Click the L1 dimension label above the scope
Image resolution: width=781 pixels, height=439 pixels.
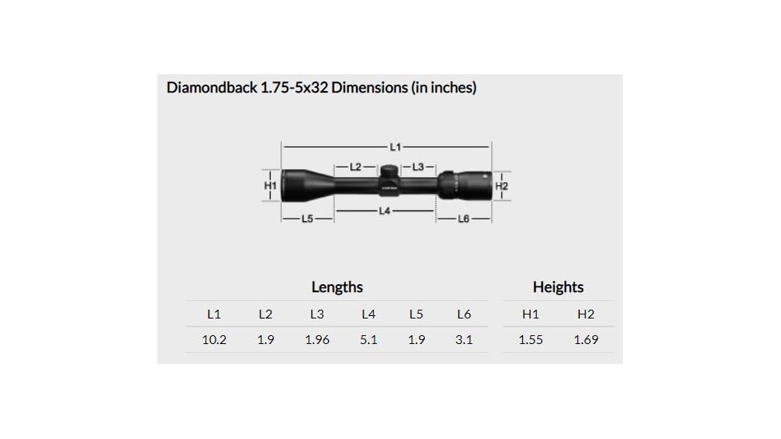point(394,147)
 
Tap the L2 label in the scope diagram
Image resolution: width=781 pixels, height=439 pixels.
point(356,167)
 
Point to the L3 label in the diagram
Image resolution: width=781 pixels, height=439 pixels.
point(418,167)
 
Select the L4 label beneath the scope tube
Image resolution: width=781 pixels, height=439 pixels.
point(385,211)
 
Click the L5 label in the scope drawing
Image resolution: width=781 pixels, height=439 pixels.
point(307,219)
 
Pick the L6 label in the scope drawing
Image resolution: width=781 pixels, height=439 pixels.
point(463,219)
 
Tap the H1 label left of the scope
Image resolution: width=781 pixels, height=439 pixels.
point(270,185)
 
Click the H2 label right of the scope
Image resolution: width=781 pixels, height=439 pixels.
point(502,186)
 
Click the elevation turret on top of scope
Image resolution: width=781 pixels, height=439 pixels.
point(388,171)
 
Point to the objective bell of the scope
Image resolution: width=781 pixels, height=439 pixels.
point(300,185)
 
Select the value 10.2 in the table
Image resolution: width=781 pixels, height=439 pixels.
point(213,339)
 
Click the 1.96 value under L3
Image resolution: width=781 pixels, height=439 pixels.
point(316,339)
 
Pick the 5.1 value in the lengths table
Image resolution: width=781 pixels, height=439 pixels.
point(368,339)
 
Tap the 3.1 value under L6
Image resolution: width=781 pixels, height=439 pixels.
point(464,339)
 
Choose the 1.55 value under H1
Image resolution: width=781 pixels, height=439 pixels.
point(530,339)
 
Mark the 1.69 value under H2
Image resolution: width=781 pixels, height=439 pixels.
point(585,339)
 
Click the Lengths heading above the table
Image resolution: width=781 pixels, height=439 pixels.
point(337,287)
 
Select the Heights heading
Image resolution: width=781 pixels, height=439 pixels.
point(557,287)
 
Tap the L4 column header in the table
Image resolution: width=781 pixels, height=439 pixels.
point(368,314)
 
